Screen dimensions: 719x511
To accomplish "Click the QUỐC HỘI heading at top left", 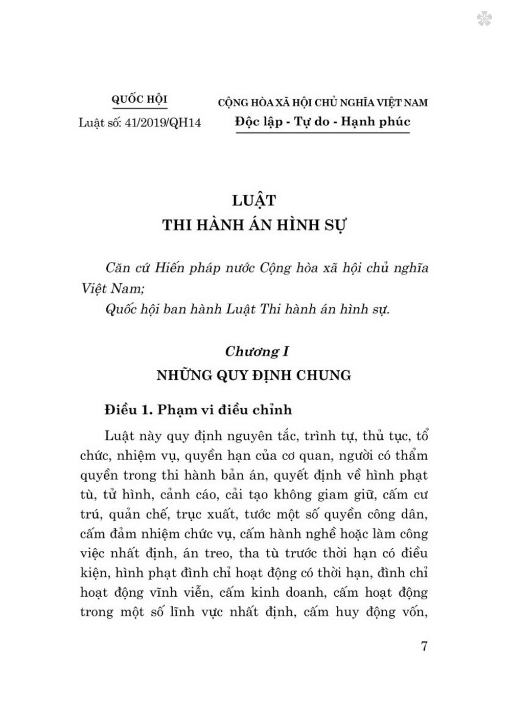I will tap(139, 99).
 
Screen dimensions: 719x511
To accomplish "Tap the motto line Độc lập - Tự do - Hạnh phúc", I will tap(323, 122).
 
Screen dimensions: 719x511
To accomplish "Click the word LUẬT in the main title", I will tap(253, 200).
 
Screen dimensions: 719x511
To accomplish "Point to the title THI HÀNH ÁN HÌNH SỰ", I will tap(254, 226).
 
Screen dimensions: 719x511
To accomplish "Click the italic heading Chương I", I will tap(257, 351).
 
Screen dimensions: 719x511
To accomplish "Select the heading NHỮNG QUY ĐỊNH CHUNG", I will tap(254, 375).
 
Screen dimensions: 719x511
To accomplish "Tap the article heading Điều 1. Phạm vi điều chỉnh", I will tap(198, 410).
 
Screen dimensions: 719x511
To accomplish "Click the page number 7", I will tap(424, 646).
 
